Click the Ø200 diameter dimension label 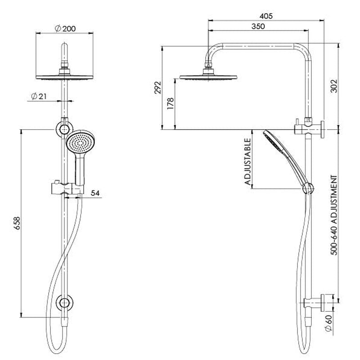pos(65,28)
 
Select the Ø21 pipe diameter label pos(39,96)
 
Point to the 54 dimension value pos(95,193)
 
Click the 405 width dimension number pos(266,16)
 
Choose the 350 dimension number pos(258,27)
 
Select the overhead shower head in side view pos(208,76)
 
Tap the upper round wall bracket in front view pos(63,130)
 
